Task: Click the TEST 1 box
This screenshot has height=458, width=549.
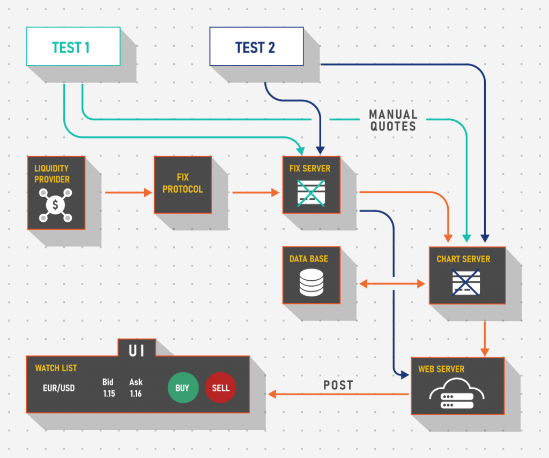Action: [73, 47]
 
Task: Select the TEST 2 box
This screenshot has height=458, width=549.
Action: [256, 47]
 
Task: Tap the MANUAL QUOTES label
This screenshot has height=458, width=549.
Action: [392, 120]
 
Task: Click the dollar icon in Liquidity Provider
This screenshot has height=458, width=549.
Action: [56, 205]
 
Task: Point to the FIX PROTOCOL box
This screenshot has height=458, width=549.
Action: [183, 184]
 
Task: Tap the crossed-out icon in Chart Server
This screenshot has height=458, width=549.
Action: [465, 282]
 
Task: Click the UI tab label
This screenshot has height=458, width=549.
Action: [136, 351]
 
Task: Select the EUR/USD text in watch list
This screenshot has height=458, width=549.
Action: [59, 388]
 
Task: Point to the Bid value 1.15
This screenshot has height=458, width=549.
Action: [109, 394]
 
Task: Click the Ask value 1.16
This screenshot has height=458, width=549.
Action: [136, 394]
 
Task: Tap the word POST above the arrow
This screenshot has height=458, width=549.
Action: [338, 385]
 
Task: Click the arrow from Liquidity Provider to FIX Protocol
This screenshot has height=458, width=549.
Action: [129, 192]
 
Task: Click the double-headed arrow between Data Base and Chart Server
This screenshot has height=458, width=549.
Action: [391, 283]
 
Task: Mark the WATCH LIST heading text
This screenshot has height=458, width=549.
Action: [56, 368]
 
